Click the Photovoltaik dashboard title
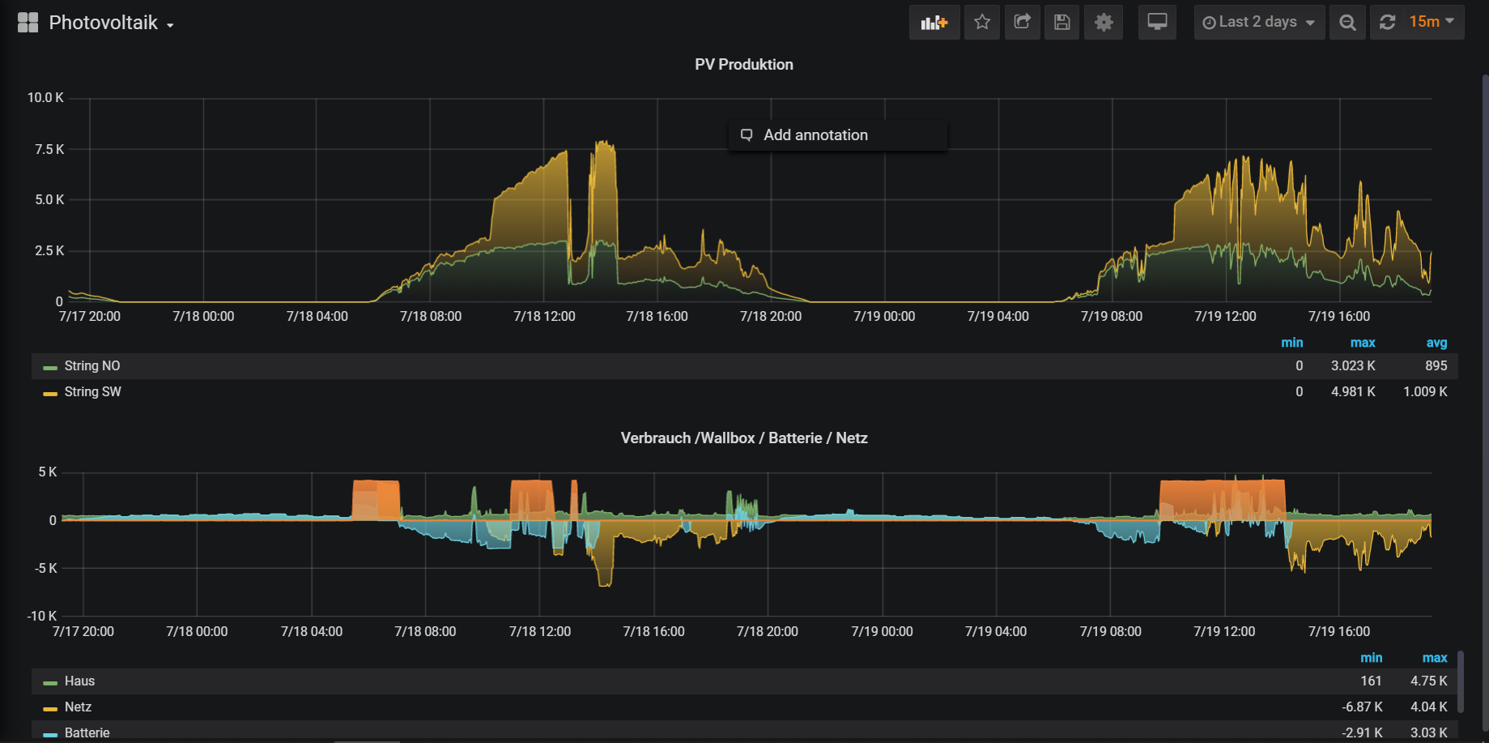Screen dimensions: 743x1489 pyautogui.click(x=103, y=23)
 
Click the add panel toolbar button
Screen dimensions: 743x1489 pyautogui.click(x=934, y=23)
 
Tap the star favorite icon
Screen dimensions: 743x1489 pyautogui.click(x=982, y=23)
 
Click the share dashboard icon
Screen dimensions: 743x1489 pyautogui.click(x=1023, y=23)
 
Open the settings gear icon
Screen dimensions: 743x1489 pyautogui.click(x=1104, y=23)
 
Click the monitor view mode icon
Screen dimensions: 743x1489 pyautogui.click(x=1157, y=23)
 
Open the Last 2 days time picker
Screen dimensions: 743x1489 pyautogui.click(x=1259, y=23)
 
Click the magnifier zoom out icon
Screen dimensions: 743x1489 pyautogui.click(x=1347, y=23)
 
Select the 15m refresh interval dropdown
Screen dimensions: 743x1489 pyautogui.click(x=1431, y=23)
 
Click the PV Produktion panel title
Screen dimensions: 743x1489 pyautogui.click(x=743, y=65)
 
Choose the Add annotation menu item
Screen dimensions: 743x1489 pyautogui.click(x=815, y=135)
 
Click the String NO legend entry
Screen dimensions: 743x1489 pyautogui.click(x=92, y=366)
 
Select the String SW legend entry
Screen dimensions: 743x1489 pyautogui.click(x=92, y=392)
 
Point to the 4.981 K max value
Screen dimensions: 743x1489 pyautogui.click(x=1352, y=392)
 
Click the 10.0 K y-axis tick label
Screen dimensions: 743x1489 pyautogui.click(x=45, y=98)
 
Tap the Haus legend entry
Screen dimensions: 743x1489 pyautogui.click(x=79, y=681)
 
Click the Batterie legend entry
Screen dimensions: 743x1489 pyautogui.click(x=87, y=732)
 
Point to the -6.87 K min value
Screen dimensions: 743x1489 pyautogui.click(x=1362, y=707)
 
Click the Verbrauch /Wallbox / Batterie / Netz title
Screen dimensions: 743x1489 pyautogui.click(x=743, y=438)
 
